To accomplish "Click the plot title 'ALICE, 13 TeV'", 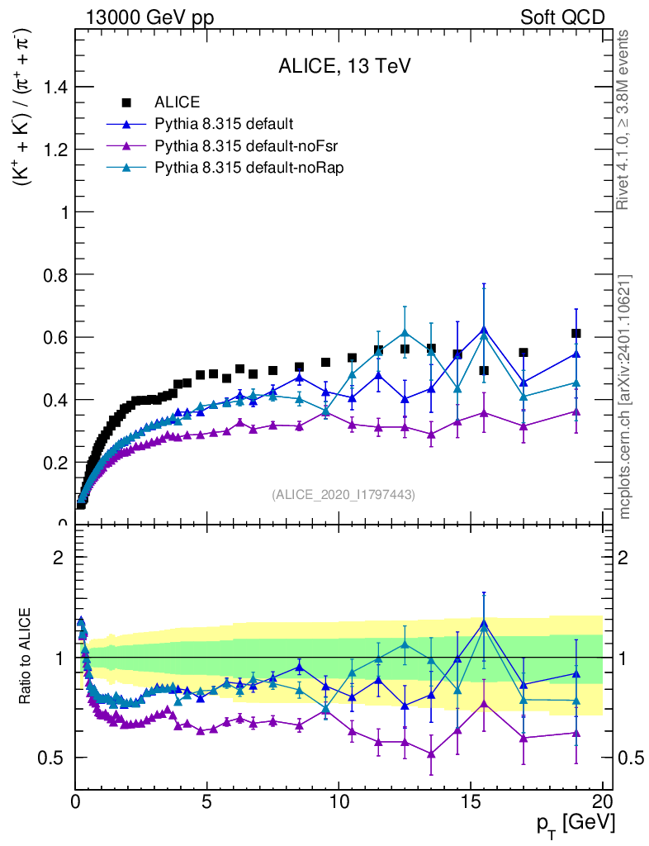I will tap(340, 68).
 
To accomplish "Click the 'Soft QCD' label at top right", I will tap(562, 17).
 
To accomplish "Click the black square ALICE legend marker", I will tap(126, 102).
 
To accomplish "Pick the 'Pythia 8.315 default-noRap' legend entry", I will tap(237, 168).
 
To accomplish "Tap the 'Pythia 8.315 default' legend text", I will tap(223, 125).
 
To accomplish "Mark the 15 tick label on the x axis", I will tap(471, 801).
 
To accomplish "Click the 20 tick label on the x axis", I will tap(602, 801).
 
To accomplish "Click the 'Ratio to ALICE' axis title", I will tap(27, 657).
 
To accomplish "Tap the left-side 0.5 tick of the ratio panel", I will tap(56, 758).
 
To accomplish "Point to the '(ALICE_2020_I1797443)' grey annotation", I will tap(343, 495).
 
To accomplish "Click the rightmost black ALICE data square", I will tap(576, 333).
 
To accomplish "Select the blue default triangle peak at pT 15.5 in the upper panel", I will tap(484, 330).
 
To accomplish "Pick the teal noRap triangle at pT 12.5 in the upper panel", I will tap(405, 332).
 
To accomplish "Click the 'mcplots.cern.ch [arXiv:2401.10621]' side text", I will tap(625, 397).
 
